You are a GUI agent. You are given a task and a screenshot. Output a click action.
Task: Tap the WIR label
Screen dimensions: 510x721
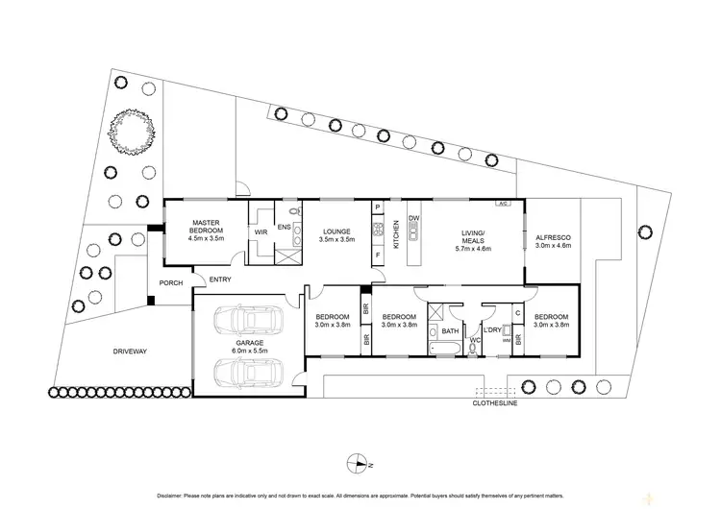click(x=260, y=231)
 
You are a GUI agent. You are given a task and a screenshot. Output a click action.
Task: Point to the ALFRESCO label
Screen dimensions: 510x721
click(x=552, y=235)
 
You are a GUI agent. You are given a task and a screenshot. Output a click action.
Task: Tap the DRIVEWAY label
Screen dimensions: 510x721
click(x=129, y=352)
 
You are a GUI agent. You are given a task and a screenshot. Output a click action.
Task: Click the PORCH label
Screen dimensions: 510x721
click(x=171, y=282)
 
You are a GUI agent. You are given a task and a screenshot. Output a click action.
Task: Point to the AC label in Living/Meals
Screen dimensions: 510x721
click(x=501, y=204)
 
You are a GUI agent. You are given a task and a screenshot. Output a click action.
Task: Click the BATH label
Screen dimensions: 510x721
click(x=448, y=332)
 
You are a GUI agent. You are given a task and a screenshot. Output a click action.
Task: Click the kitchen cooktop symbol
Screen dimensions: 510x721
click(x=379, y=230)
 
